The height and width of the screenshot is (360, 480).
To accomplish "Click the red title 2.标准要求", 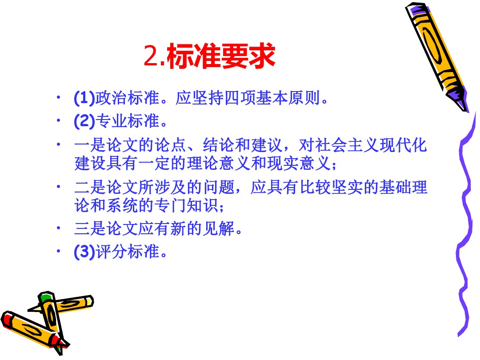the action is point(210,56).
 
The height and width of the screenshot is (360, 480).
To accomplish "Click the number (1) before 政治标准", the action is point(84,98).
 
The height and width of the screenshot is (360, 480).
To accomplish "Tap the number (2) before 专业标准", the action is point(84,121).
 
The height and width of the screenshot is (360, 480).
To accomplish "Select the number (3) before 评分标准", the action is point(84,252).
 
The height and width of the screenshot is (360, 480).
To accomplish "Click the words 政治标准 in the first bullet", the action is point(128,98).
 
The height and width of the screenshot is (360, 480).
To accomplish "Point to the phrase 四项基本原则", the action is point(272,98).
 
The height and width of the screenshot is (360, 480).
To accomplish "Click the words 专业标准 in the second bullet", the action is point(128,121).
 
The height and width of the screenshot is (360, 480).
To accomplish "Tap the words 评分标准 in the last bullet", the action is point(128,252).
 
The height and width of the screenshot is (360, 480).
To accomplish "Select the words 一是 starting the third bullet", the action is point(90,145).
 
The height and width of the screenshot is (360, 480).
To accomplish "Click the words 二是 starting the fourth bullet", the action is point(90,187).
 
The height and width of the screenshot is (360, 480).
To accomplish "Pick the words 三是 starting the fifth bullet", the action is point(90,228).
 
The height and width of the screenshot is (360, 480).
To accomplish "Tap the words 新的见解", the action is point(202,228).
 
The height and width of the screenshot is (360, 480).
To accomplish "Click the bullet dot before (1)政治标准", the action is point(58,98).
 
